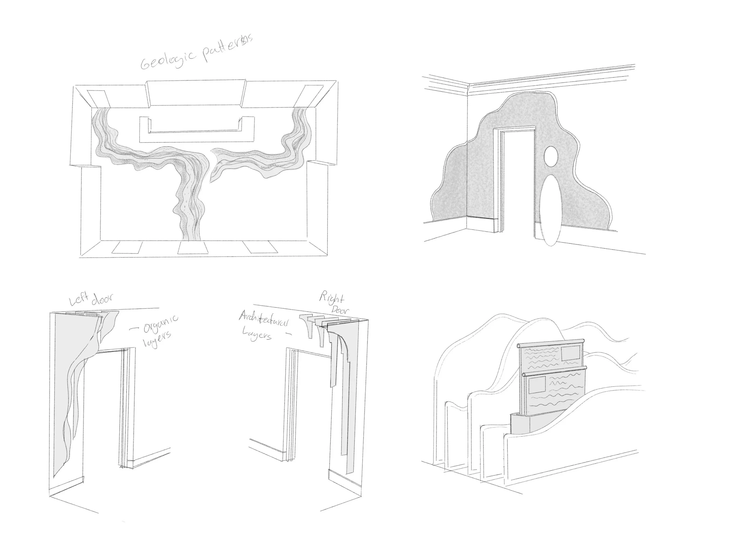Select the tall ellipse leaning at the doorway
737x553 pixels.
[x=550, y=212]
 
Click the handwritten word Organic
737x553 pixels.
[x=161, y=323]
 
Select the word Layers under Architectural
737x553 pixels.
[x=256, y=334]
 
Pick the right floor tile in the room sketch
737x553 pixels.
[x=261, y=248]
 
